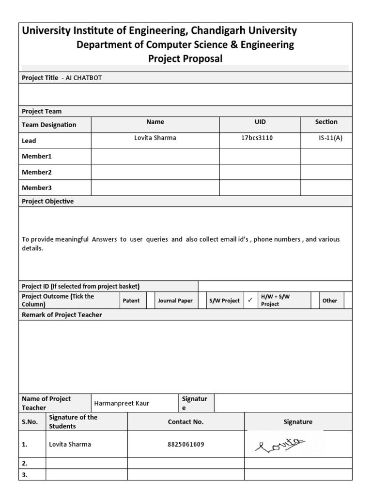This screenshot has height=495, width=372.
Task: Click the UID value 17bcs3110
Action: (257, 138)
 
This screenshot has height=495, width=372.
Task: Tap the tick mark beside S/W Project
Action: (250, 300)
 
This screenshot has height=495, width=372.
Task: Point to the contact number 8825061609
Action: (186, 444)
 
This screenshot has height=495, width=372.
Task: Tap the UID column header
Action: (260, 122)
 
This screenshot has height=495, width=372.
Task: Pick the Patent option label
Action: (131, 301)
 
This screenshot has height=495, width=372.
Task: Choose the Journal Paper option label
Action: (175, 301)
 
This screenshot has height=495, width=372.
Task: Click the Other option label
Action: (329, 301)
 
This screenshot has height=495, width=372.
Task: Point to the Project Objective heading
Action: (48, 202)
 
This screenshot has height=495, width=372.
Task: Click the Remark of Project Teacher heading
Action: (62, 315)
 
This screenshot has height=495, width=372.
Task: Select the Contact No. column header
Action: (186, 422)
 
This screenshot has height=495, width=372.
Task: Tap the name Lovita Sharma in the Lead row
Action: (155, 138)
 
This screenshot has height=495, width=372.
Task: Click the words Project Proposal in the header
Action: (186, 58)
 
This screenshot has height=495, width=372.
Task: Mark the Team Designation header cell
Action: (49, 125)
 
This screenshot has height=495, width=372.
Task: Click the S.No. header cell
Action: (30, 422)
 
